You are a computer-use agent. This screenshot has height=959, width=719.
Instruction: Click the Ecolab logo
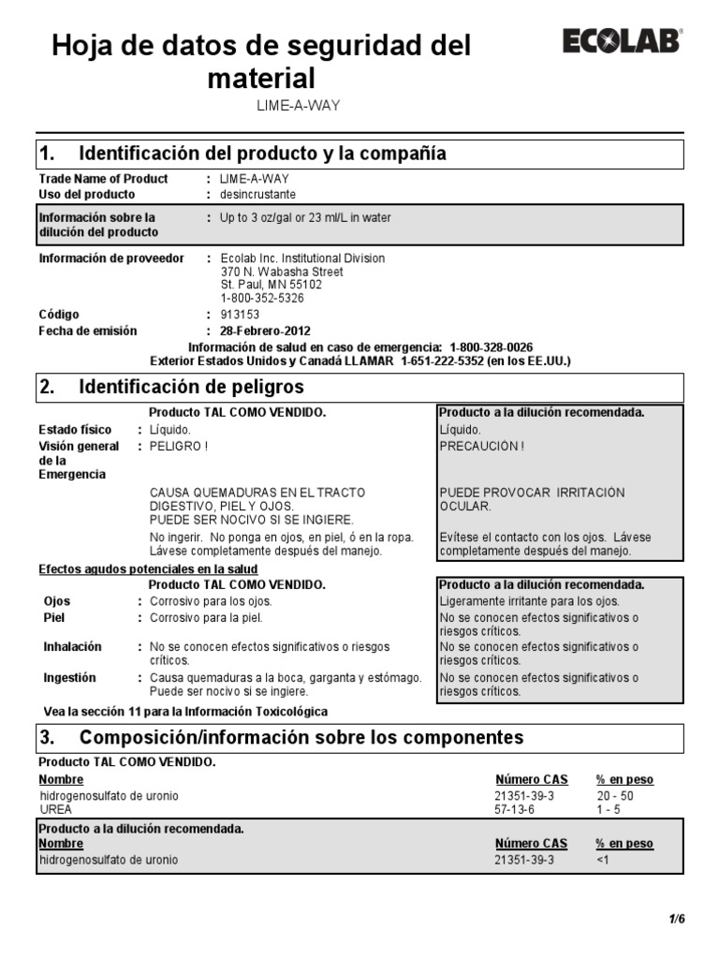[x=622, y=42]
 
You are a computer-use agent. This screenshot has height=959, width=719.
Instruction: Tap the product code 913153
[x=240, y=315]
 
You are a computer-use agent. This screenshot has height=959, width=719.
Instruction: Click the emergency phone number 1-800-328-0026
[x=492, y=347]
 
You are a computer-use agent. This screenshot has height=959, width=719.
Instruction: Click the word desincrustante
[x=257, y=195]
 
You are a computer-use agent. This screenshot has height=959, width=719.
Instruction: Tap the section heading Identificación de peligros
[x=192, y=387]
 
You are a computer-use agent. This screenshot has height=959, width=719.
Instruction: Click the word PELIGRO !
[x=178, y=446]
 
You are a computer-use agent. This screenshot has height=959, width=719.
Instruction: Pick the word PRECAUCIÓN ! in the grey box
[x=482, y=446]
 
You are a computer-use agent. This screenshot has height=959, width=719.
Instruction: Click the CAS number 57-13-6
[x=514, y=809]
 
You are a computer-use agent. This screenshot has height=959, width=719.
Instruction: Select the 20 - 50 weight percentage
[x=615, y=795]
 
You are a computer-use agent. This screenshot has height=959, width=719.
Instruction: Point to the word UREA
[x=55, y=809]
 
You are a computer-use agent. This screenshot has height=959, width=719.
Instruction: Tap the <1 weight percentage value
[x=603, y=859]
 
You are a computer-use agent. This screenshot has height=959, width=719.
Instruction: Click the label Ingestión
[x=70, y=677]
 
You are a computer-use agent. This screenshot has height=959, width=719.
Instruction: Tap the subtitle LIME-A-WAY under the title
[x=299, y=105]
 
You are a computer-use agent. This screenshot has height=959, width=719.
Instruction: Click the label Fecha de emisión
[x=87, y=331]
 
